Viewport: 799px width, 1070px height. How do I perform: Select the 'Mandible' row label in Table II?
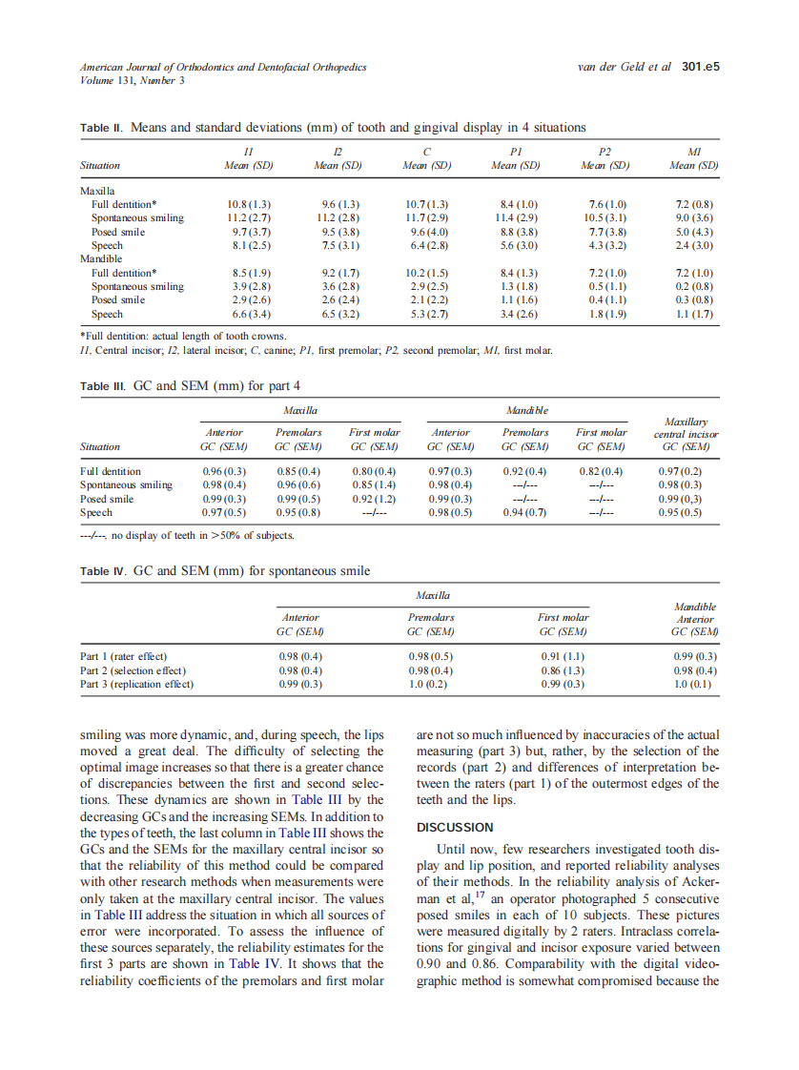[x=101, y=258]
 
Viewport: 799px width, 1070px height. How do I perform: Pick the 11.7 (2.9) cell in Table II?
[x=426, y=217]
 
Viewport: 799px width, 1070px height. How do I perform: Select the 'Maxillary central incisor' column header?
[x=686, y=434]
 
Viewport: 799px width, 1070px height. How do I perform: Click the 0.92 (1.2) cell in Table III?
[x=374, y=499]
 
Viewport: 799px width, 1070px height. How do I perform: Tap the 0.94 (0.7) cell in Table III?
[x=524, y=512]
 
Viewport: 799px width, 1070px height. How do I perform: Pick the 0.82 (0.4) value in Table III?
[x=601, y=471]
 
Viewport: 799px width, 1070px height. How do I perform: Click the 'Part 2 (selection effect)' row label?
[x=133, y=670]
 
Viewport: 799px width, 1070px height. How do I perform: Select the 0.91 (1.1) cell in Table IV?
[x=563, y=656]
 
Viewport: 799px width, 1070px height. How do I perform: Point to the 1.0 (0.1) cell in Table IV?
[x=694, y=684]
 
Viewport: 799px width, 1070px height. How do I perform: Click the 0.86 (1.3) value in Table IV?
[x=563, y=670]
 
